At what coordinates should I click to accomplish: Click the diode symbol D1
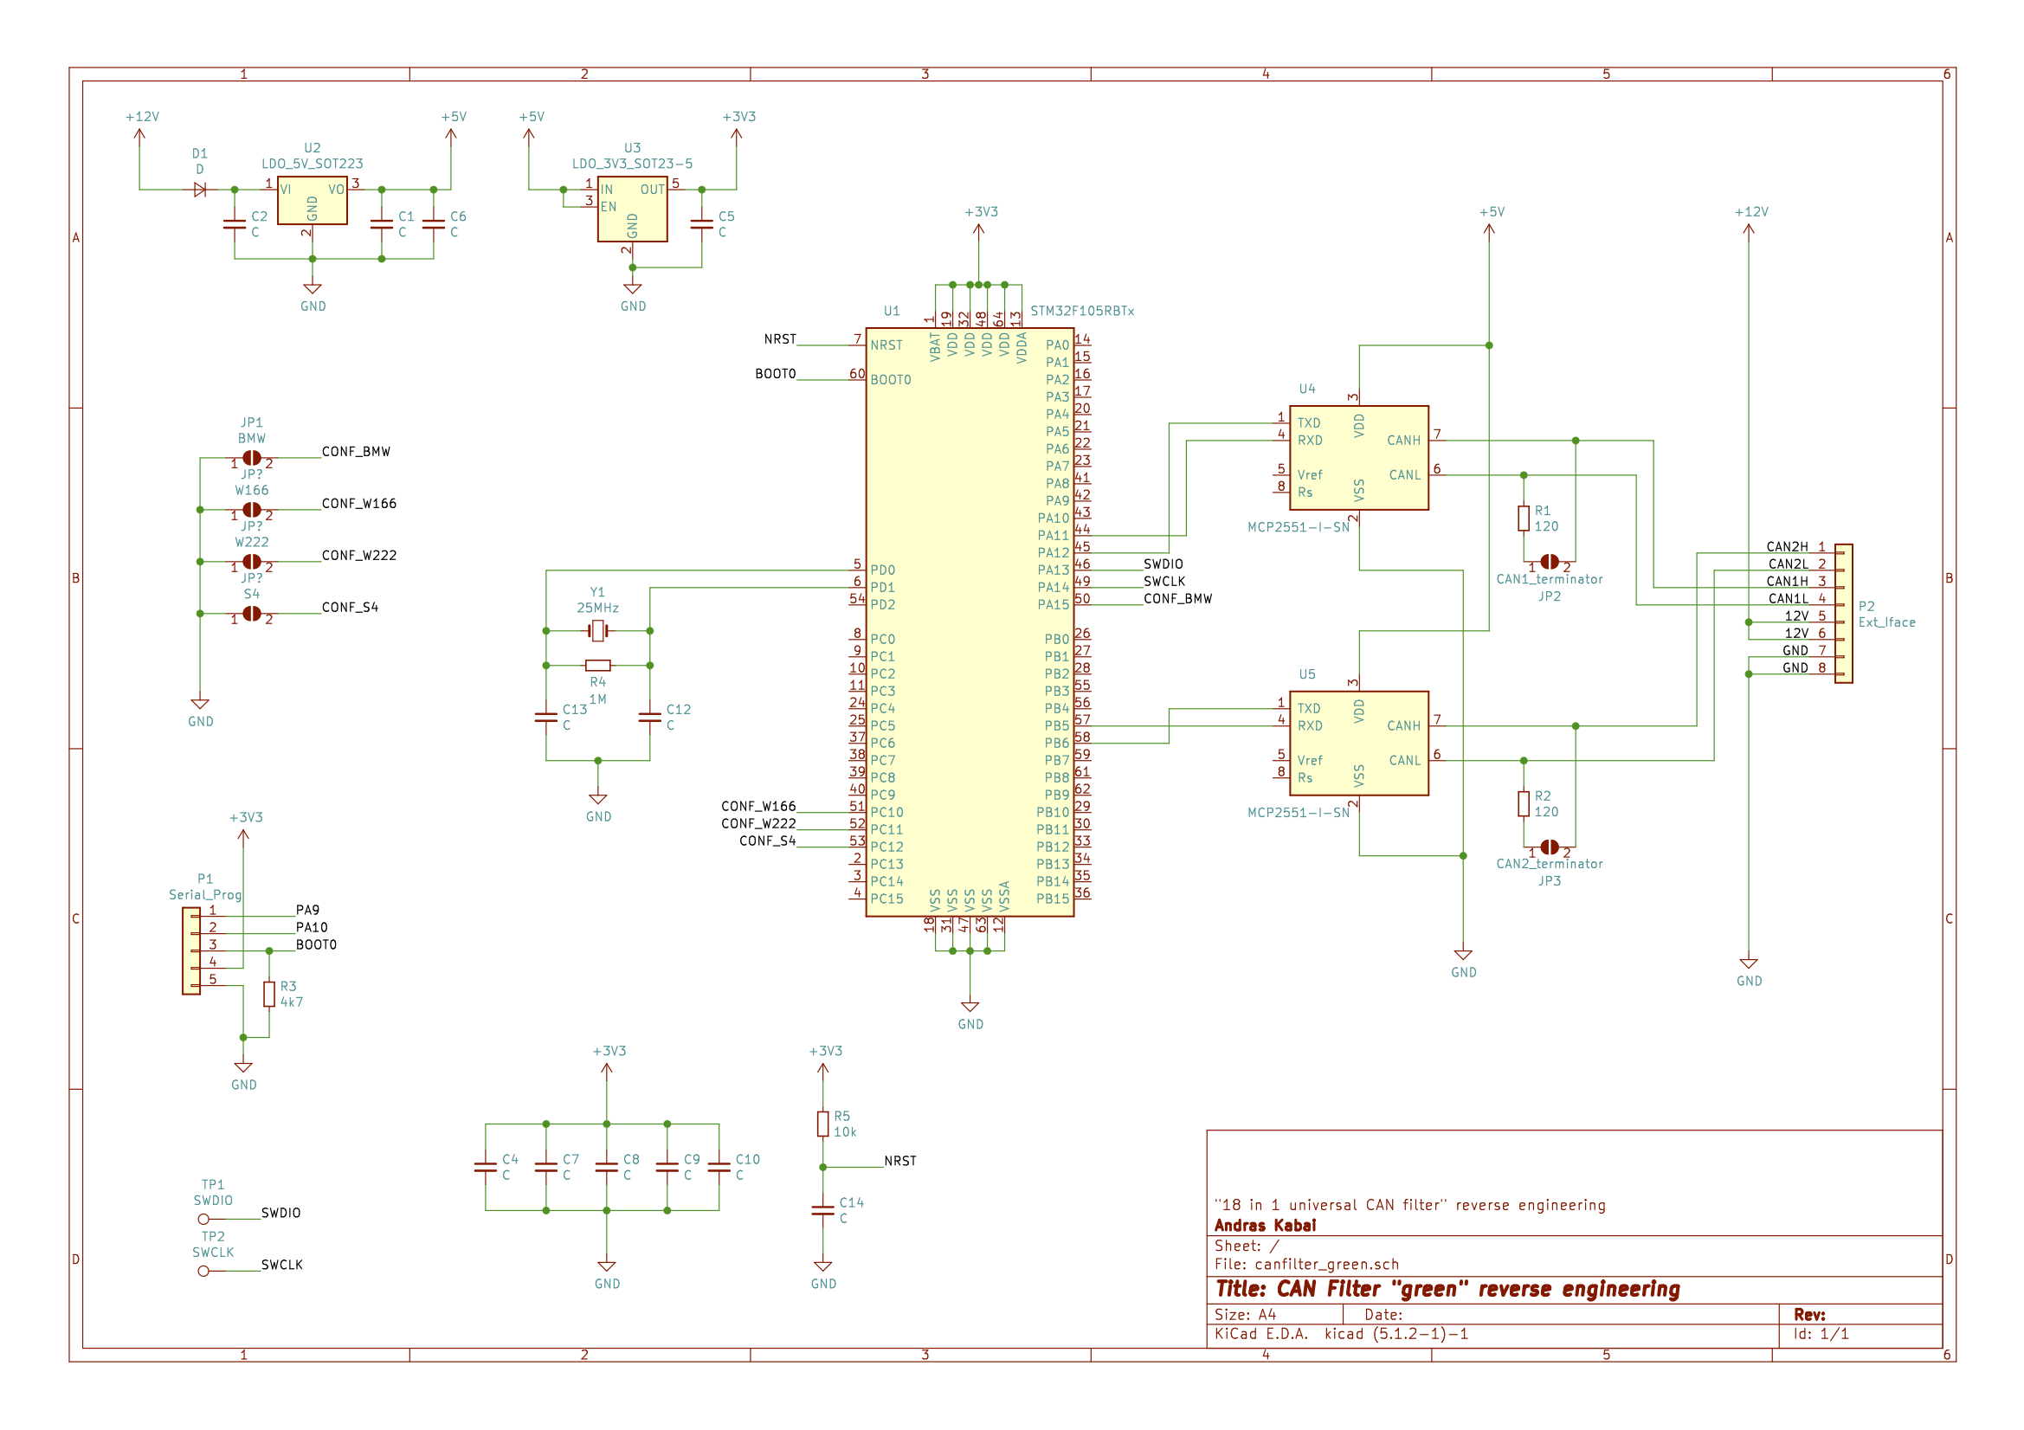[x=200, y=190]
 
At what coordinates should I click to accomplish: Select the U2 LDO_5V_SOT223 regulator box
[x=312, y=201]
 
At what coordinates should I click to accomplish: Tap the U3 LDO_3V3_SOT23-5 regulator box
[x=632, y=209]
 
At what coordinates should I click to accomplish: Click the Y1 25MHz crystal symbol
[x=597, y=630]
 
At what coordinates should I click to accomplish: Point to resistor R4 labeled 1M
[x=597, y=666]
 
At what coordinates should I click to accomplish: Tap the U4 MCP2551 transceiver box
[x=1358, y=458]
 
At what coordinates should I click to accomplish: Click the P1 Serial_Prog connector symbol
[x=191, y=951]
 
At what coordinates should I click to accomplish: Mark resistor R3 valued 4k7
[x=269, y=995]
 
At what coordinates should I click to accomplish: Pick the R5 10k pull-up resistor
[x=822, y=1124]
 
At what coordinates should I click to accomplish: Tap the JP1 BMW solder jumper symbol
[x=251, y=459]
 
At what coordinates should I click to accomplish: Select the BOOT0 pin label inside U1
[x=890, y=380]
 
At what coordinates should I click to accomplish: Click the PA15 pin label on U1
[x=1053, y=605]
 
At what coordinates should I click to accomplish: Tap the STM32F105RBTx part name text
[x=1081, y=312]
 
